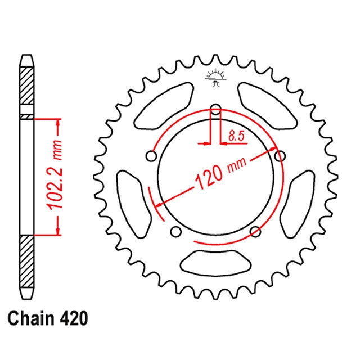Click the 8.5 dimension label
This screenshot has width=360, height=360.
click(236, 136)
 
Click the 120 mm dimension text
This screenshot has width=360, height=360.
click(220, 173)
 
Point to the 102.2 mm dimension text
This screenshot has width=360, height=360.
click(55, 174)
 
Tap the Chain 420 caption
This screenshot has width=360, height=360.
click(48, 318)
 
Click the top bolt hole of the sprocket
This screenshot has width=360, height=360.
click(215, 109)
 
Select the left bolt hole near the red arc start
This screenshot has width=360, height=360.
click(151, 156)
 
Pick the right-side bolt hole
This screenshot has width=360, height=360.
click(280, 156)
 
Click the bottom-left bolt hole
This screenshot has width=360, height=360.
click(176, 231)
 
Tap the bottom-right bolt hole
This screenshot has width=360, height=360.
click(255, 231)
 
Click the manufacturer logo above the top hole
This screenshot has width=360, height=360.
click(215, 78)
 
